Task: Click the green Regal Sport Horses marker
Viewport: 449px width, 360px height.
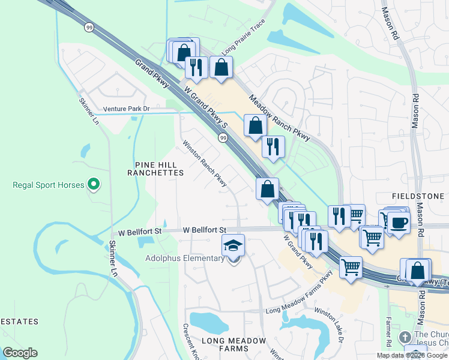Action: [x=94, y=184]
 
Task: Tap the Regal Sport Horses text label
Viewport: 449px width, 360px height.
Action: [x=49, y=185]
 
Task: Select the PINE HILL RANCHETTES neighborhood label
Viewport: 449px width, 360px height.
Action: [x=155, y=168]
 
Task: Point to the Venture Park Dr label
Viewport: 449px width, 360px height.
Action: [x=126, y=109]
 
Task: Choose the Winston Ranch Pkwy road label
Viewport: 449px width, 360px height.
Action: [x=205, y=163]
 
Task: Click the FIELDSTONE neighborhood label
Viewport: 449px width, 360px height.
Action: [x=418, y=196]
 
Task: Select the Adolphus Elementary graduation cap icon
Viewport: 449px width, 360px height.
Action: [x=234, y=245]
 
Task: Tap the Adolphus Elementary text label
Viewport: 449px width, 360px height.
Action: [x=184, y=259]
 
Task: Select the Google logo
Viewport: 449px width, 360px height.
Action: [x=20, y=353]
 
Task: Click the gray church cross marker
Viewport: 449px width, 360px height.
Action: [x=405, y=337]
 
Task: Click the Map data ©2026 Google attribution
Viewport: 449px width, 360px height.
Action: [x=412, y=355]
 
